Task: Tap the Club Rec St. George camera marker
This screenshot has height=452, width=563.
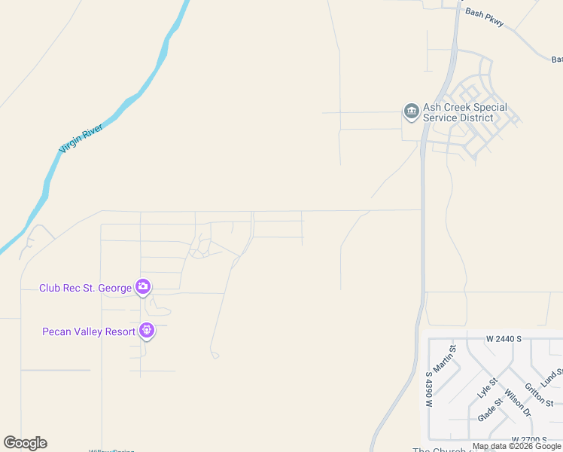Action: point(142,287)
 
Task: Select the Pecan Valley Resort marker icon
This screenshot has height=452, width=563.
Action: point(147,330)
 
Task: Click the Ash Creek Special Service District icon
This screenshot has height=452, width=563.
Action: point(411,112)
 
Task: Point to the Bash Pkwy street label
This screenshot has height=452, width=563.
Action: point(483,13)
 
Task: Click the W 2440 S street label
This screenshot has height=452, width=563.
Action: point(503,339)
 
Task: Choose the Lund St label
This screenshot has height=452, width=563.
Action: point(553,376)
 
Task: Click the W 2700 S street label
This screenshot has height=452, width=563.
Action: point(528,439)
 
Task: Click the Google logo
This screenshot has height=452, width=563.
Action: point(25,443)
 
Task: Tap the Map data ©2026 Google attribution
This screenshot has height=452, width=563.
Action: point(516,447)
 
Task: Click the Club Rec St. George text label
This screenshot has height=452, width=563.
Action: point(85,288)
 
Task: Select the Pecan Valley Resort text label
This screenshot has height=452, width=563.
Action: point(88,331)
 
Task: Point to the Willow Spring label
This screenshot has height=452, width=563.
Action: point(111,450)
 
